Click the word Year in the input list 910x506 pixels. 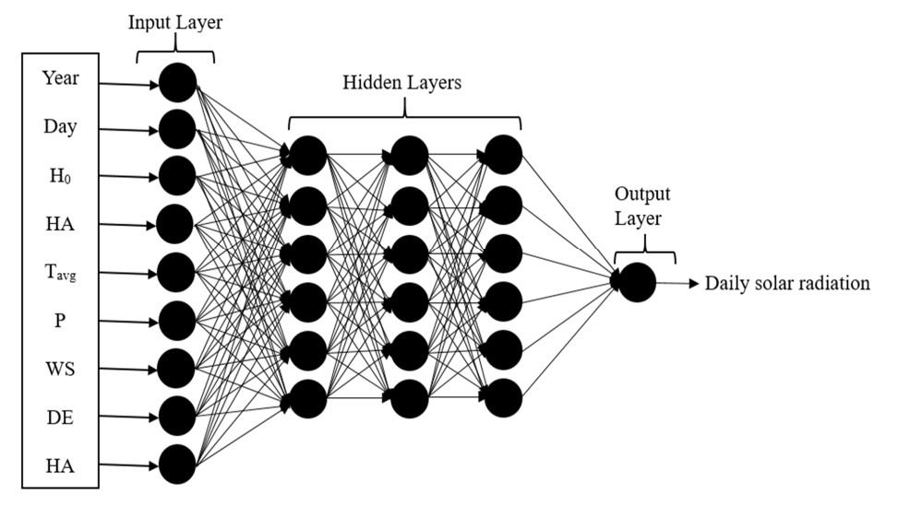pos(60,77)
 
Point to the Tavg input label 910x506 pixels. pos(60,273)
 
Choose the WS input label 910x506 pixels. pos(60,370)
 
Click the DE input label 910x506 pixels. pos(60,418)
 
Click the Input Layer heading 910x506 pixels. pos(174,21)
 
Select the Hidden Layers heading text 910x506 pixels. pos(402,82)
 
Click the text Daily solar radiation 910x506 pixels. pos(787,283)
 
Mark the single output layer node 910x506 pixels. pos(637,282)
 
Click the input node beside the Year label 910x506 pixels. pos(177,84)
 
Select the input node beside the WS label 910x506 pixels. pos(177,368)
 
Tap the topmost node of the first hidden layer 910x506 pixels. pos(308,155)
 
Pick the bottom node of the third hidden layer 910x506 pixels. pos(504,397)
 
